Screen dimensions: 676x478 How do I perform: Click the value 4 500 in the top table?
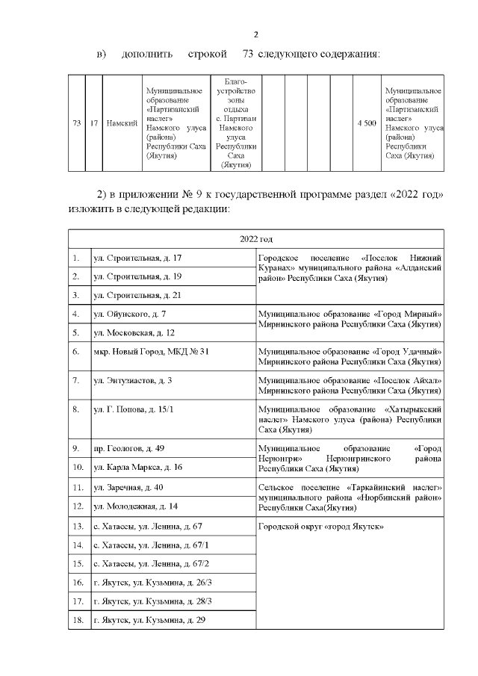pyautogui.click(x=366, y=123)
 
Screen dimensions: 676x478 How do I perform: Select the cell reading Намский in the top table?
pyautogui.click(x=120, y=123)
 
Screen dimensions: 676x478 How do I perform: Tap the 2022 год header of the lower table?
pyautogui.click(x=255, y=238)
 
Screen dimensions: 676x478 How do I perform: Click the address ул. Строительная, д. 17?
pyautogui.click(x=137, y=258)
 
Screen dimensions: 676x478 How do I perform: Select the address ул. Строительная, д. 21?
pyautogui.click(x=137, y=295)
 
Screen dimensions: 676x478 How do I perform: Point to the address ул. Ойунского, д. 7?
pyautogui.click(x=129, y=314)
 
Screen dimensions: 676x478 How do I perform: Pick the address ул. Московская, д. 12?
pyautogui.click(x=134, y=332)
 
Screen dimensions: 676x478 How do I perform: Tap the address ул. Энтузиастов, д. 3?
pyautogui.click(x=133, y=380)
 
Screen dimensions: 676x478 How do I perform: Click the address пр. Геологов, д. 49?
pyautogui.click(x=128, y=448)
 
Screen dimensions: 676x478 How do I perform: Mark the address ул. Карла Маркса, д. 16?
pyautogui.click(x=137, y=467)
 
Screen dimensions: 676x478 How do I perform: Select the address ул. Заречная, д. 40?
pyautogui.click(x=128, y=487)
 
